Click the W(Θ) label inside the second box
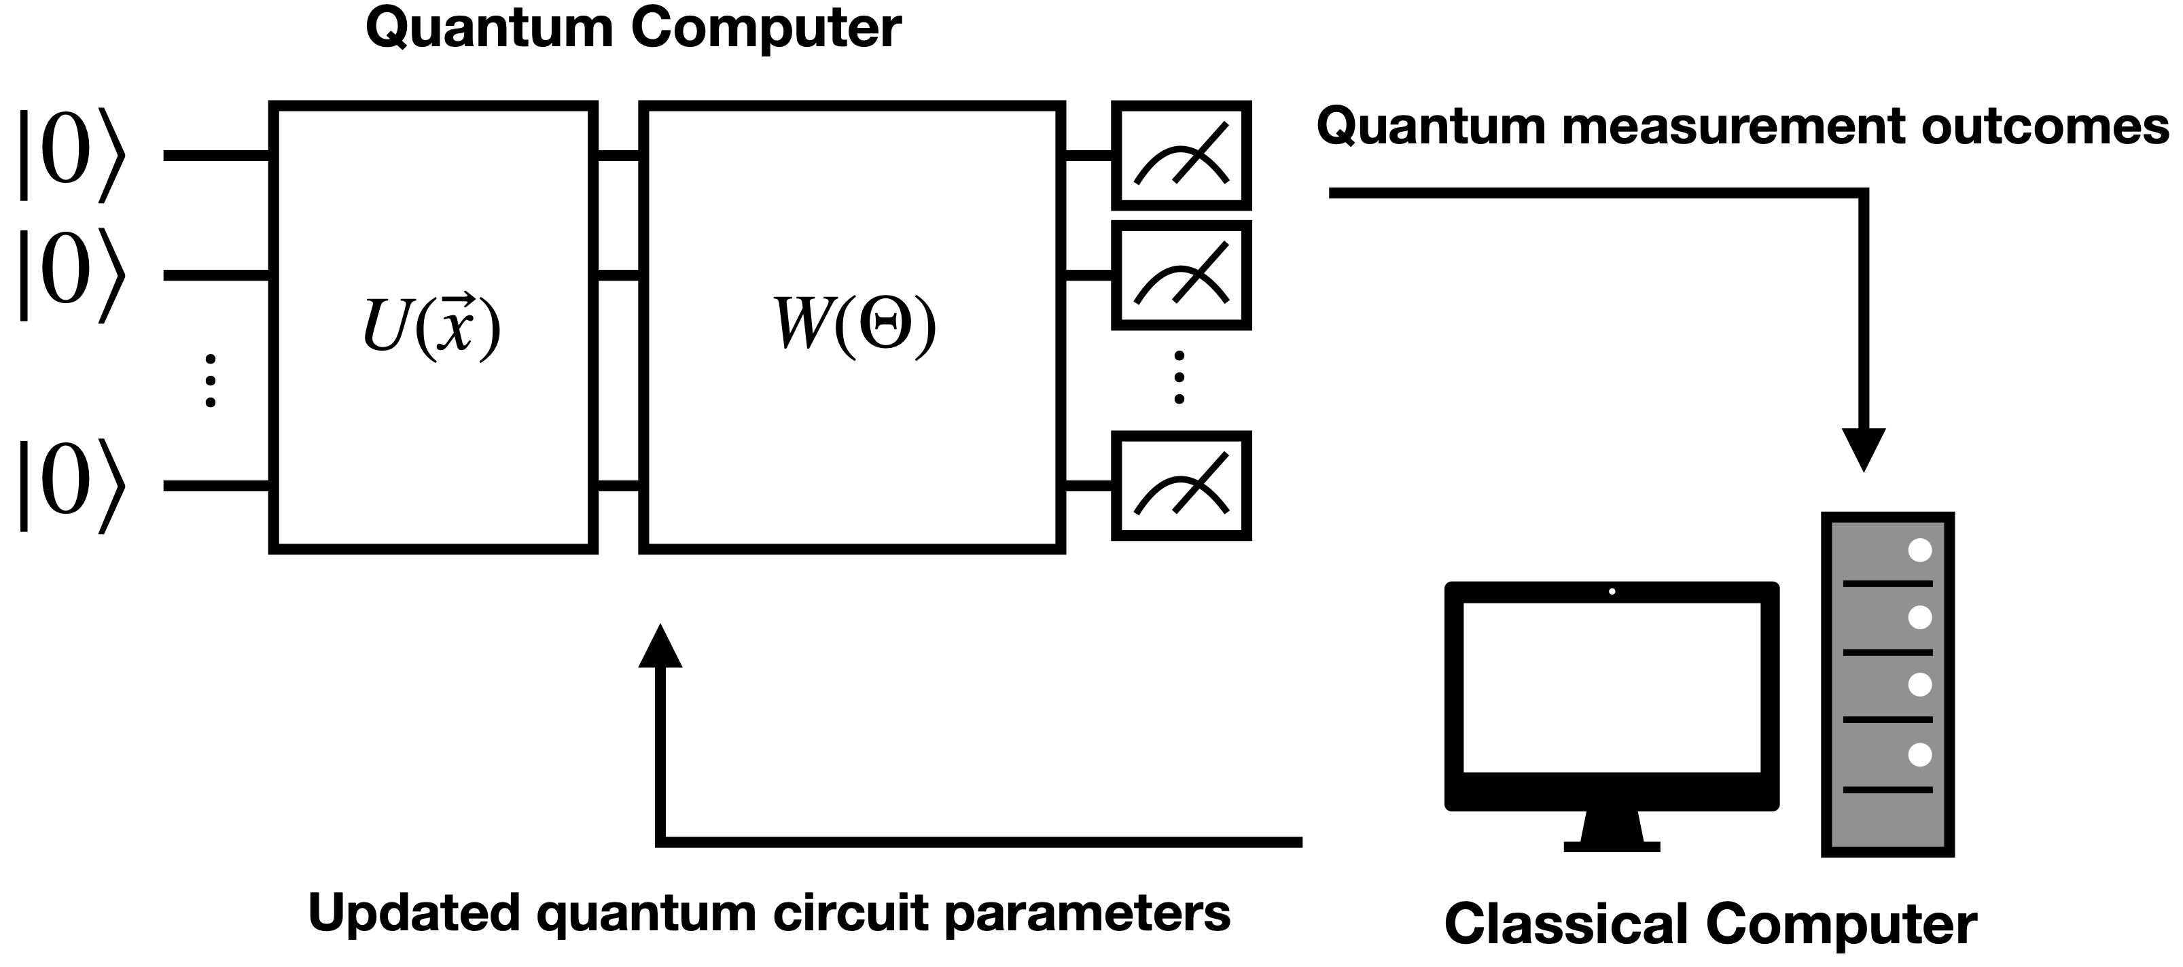854,325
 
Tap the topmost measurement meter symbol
1180,155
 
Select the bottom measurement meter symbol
1180,486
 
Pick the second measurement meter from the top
1180,275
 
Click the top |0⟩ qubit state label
73,154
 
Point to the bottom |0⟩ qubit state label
73,486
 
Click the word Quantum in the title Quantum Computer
489,29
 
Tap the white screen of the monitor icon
1611,687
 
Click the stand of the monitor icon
1611,830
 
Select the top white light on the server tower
1919,550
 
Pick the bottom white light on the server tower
1919,754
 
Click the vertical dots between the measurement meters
1179,377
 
